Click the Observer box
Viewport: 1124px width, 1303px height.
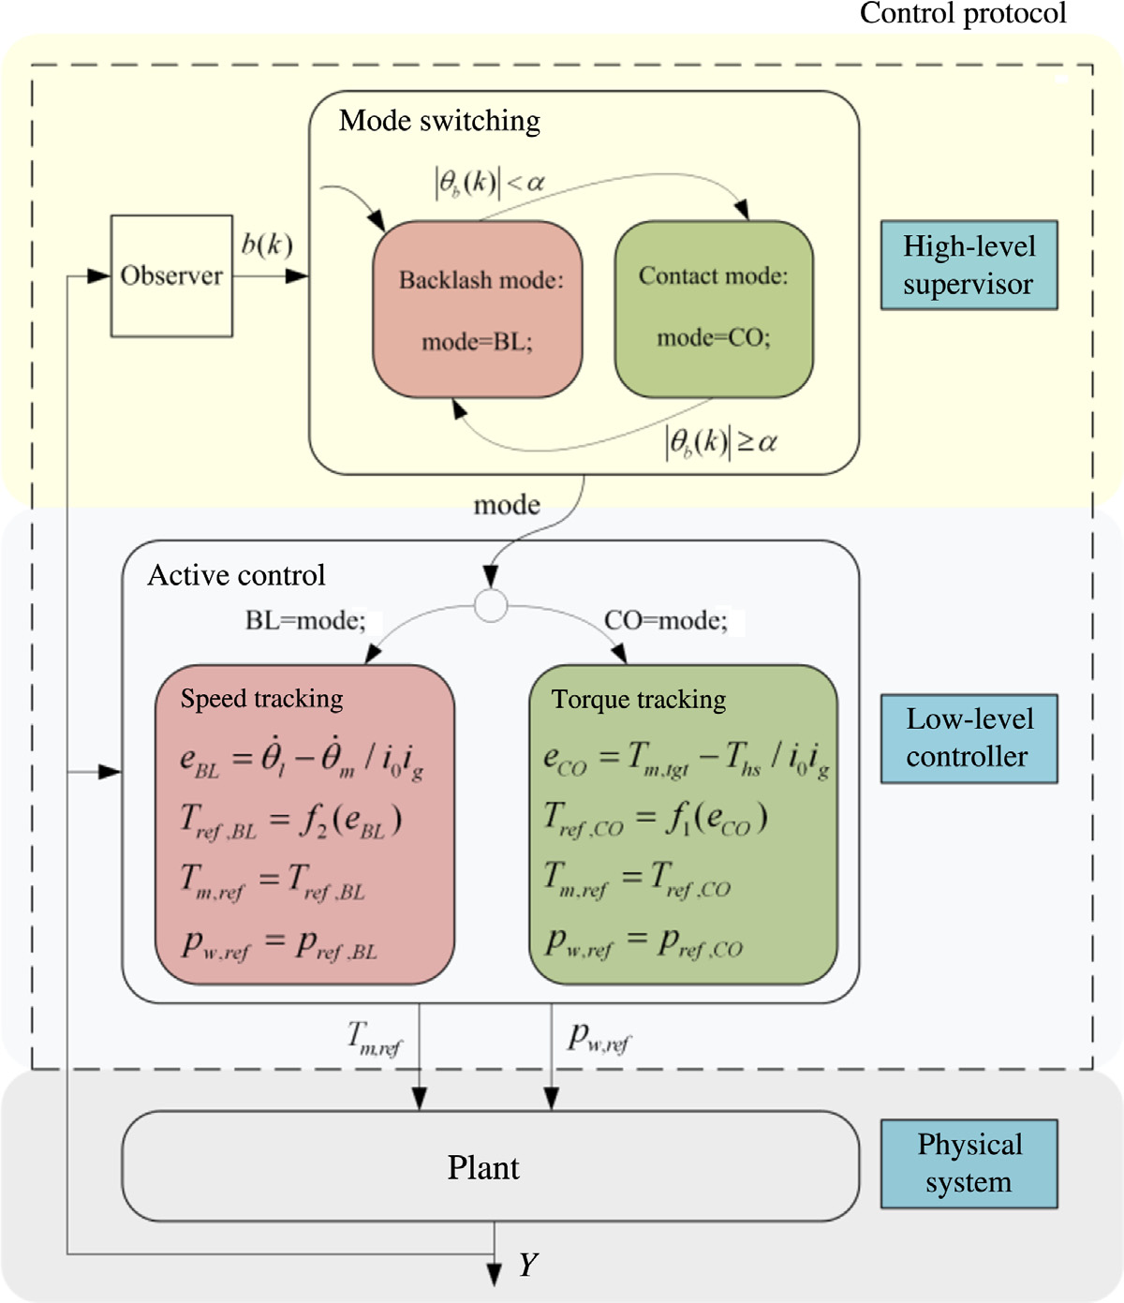click(x=171, y=275)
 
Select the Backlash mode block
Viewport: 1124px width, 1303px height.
click(x=478, y=309)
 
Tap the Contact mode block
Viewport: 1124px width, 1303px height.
click(x=714, y=308)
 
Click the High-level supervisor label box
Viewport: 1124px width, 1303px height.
click(x=969, y=265)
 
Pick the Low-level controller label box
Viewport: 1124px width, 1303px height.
click(x=969, y=738)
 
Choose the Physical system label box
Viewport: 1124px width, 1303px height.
click(x=969, y=1163)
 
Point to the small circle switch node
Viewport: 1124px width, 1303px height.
click(x=491, y=606)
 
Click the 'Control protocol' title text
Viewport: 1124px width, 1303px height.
click(x=963, y=14)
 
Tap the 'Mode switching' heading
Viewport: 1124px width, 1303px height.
click(x=439, y=121)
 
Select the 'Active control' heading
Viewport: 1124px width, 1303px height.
click(x=237, y=575)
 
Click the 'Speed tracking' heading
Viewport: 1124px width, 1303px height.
click(x=261, y=699)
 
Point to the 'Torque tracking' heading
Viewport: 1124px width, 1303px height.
click(x=639, y=700)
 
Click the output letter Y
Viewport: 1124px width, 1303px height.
click(x=528, y=1266)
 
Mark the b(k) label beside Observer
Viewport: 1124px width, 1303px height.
click(x=267, y=245)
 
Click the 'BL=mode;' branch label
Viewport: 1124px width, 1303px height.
click(x=305, y=621)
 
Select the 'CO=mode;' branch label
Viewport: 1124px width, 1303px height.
click(x=666, y=621)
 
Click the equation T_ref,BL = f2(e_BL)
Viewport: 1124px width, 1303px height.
click(x=291, y=822)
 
